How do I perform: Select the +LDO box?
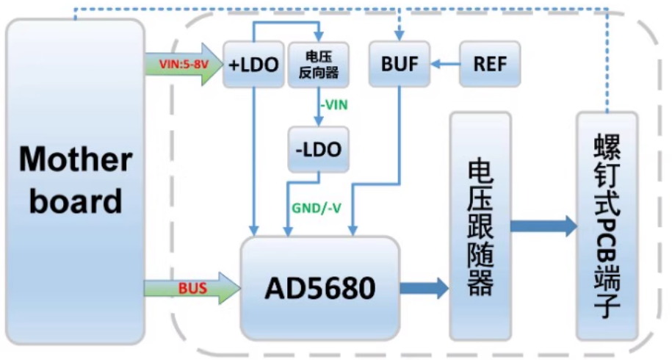pos(253,65)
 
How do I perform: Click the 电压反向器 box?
pos(318,65)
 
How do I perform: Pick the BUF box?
pos(400,64)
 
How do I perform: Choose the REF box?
pos(490,64)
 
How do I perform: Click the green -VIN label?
pos(333,105)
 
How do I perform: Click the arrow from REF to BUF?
pos(445,65)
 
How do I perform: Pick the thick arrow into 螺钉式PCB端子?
pos(544,226)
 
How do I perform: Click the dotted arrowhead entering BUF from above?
pos(400,34)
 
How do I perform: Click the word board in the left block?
pos(75,200)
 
